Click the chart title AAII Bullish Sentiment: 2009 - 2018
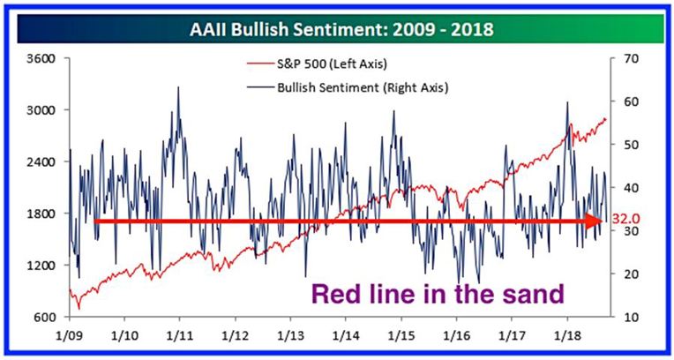coord(341,29)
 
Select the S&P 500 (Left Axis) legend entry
coord(318,64)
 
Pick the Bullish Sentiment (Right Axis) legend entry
coord(348,87)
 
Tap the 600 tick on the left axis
coord(46,317)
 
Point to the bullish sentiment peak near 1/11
coord(178,87)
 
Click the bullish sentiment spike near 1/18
coord(567,102)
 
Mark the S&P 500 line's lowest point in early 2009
coord(79,309)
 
